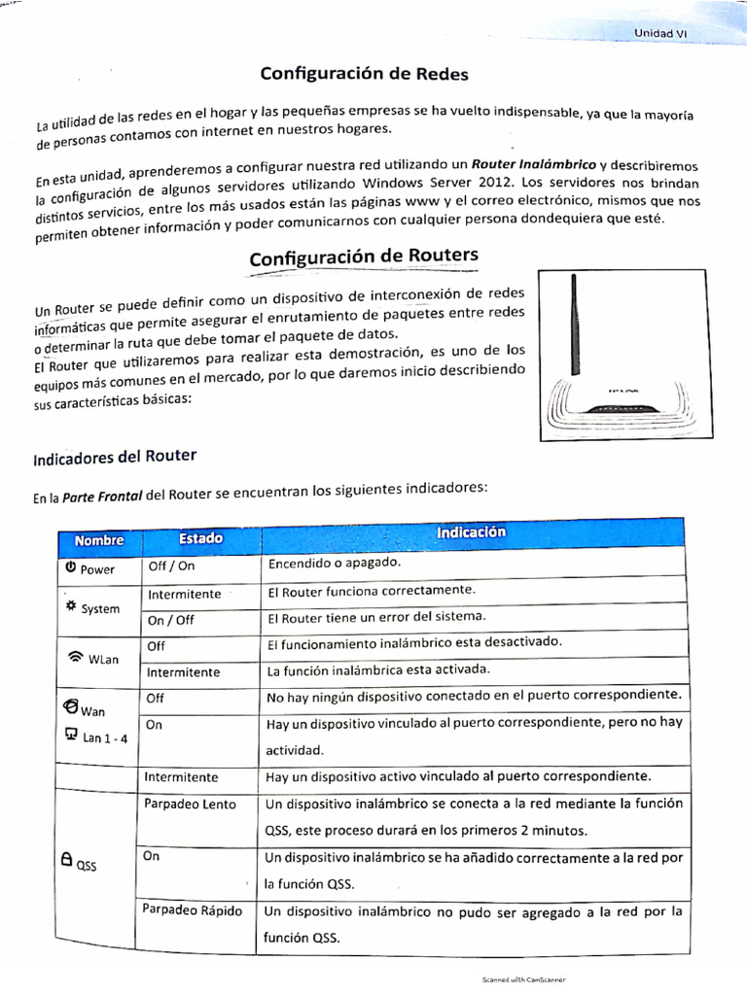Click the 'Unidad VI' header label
pyautogui.click(x=660, y=32)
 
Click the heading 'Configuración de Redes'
pyautogui.click(x=364, y=74)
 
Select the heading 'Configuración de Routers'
pyautogui.click(x=364, y=257)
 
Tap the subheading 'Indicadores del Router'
pyautogui.click(x=115, y=457)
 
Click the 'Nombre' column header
pyautogui.click(x=98, y=539)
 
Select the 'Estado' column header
pyautogui.click(x=200, y=538)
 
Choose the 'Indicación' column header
pyautogui.click(x=471, y=533)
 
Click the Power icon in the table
pyautogui.click(x=71, y=566)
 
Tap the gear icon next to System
pyautogui.click(x=70, y=605)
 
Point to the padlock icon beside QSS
pyautogui.click(x=66, y=859)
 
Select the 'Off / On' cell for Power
pyautogui.click(x=170, y=566)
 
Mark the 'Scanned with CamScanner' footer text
pyautogui.click(x=523, y=980)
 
